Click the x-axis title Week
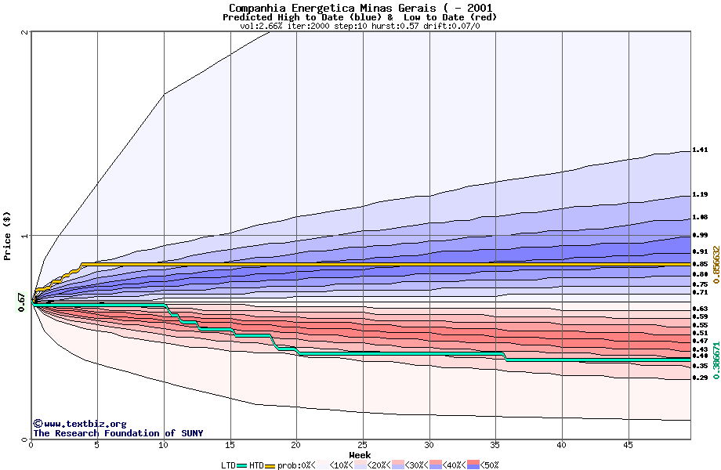(360, 455)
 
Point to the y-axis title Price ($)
(8, 236)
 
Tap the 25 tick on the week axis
(363, 445)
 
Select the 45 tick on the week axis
(628, 445)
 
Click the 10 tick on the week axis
(164, 445)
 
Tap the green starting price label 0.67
(22, 302)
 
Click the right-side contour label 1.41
(700, 150)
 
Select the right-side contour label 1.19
(700, 194)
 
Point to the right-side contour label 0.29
(700, 378)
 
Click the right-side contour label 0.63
(700, 309)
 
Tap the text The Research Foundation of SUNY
(104, 433)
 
